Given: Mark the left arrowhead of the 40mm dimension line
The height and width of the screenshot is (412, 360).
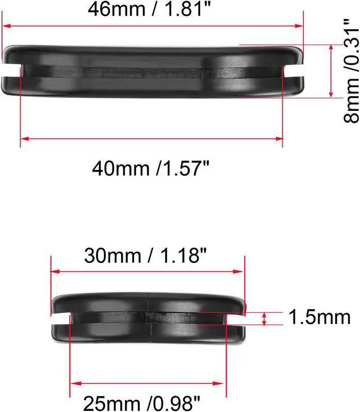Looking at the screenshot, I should click(x=24, y=138).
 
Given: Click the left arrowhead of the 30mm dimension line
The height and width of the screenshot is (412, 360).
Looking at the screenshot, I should click(x=55, y=272).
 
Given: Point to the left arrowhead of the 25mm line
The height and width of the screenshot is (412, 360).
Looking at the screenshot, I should click(x=74, y=383).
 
